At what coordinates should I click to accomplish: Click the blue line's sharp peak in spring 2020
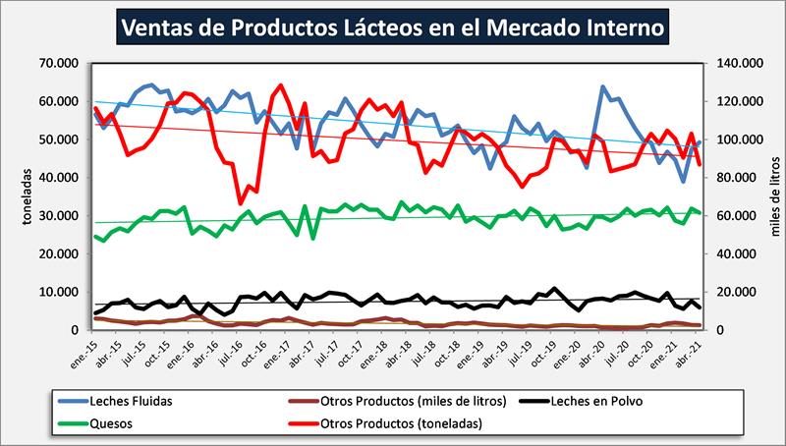click(602, 87)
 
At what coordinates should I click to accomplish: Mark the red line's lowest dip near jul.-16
click(241, 203)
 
